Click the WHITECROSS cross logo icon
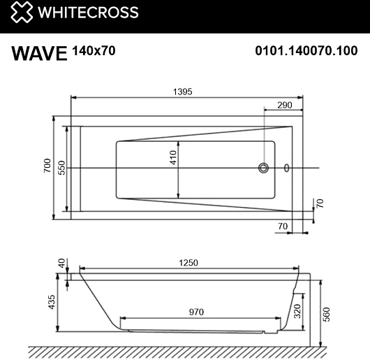click(x=22, y=12)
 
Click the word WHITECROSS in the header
click(x=88, y=13)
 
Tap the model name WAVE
click(x=39, y=53)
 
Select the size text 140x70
click(x=94, y=50)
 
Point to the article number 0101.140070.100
click(x=306, y=50)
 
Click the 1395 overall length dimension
click(x=183, y=92)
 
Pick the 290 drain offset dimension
click(x=285, y=105)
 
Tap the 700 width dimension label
click(x=47, y=166)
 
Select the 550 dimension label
click(x=61, y=168)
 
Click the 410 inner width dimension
click(x=173, y=157)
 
